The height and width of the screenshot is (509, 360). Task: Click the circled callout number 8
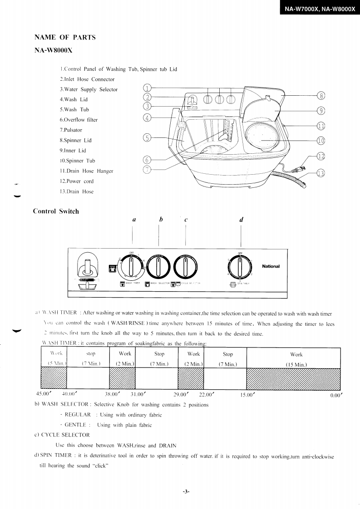[321, 96]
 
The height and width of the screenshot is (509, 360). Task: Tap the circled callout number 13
[321, 173]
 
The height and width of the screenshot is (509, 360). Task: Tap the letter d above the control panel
[241, 220]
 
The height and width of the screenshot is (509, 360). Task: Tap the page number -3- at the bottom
[186, 491]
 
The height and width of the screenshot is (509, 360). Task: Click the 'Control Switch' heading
[56, 211]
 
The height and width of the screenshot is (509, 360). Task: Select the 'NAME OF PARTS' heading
[65, 38]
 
